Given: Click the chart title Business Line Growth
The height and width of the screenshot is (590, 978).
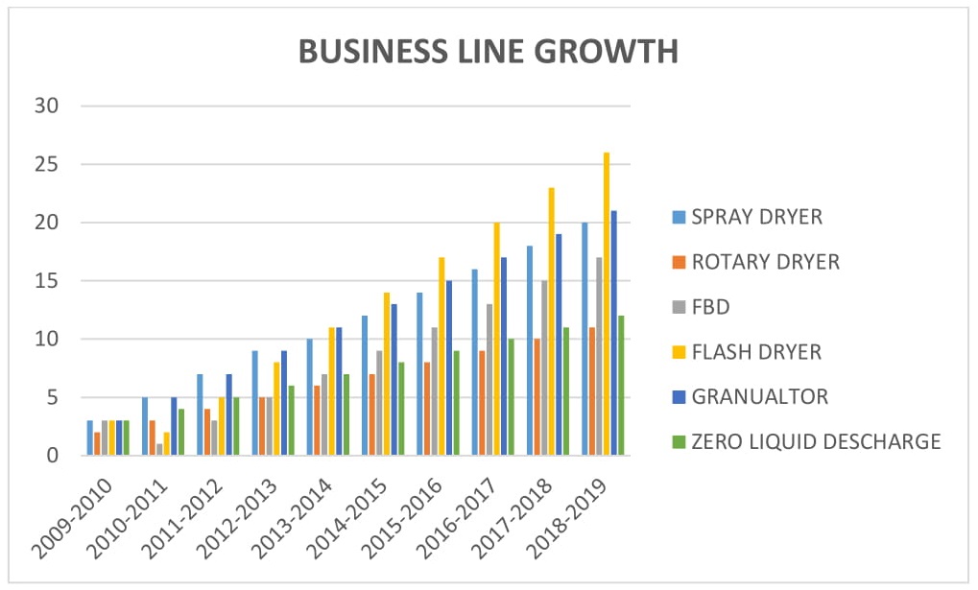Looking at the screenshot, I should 489,51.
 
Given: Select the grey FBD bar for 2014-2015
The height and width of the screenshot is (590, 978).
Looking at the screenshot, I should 379,403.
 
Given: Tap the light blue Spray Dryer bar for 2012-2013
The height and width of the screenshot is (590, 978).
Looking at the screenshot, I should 254,403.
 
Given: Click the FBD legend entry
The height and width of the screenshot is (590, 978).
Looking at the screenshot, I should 711,307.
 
